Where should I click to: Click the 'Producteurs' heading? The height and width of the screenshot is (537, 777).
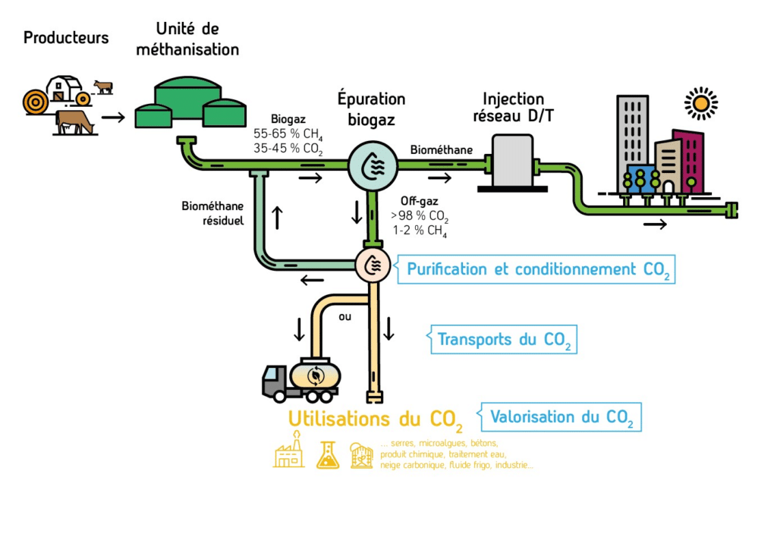(x=66, y=37)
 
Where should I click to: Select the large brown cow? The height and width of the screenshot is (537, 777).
(x=75, y=121)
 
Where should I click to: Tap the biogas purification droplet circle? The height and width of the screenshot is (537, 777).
(x=373, y=164)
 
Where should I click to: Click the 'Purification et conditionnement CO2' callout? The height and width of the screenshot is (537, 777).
(x=536, y=269)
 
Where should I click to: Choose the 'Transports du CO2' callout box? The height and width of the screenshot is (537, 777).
(x=502, y=339)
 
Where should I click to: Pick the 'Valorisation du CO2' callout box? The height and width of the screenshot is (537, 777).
(x=559, y=416)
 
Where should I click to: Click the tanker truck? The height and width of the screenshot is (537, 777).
(x=301, y=378)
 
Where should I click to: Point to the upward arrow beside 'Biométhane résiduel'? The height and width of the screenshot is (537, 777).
(x=277, y=217)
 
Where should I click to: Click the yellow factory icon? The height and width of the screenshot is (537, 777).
(x=288, y=453)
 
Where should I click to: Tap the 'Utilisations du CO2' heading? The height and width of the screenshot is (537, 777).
(x=375, y=419)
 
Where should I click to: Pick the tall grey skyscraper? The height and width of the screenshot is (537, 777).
(x=633, y=137)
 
